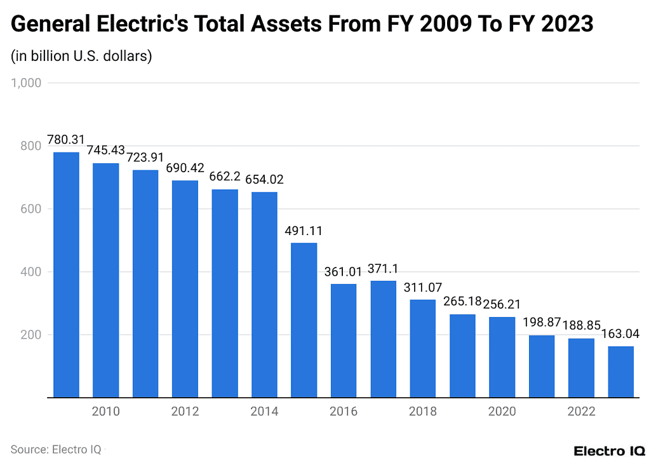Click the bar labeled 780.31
coord(66,274)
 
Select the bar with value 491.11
coord(304,320)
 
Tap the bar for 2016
coord(344,341)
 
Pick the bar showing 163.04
coord(620,372)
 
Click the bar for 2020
coord(502,357)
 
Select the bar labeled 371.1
coord(383,339)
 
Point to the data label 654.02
coord(264,180)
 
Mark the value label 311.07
coord(423,287)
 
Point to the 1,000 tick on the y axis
coord(26,83)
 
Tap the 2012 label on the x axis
coord(185,412)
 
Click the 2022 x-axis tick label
coord(581,412)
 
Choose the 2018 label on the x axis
coord(423,412)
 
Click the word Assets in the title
coord(290,24)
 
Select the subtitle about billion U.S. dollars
coord(81,56)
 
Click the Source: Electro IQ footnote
coord(56,449)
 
